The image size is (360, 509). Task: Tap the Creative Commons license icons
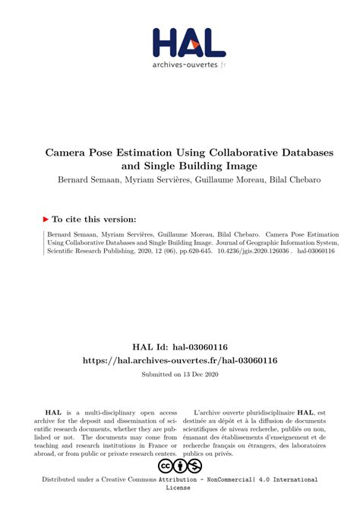(179, 465)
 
